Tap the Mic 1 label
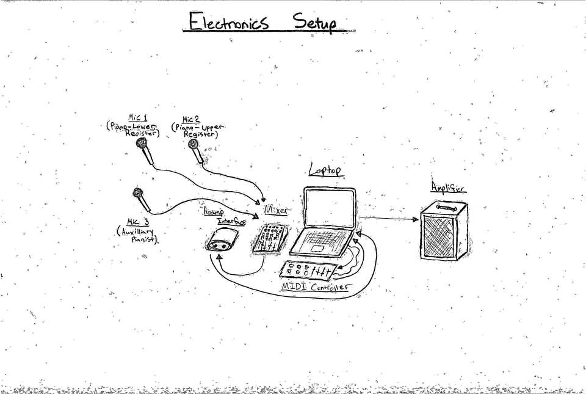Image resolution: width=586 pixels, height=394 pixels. (x=138, y=117)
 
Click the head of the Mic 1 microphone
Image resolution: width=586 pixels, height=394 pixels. (x=143, y=144)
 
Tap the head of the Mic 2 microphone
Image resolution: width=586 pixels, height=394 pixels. (x=194, y=145)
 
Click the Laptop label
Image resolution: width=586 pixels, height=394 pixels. (x=324, y=172)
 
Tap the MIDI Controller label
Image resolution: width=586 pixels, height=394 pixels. (x=314, y=286)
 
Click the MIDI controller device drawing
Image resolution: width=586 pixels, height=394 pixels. (x=309, y=269)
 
